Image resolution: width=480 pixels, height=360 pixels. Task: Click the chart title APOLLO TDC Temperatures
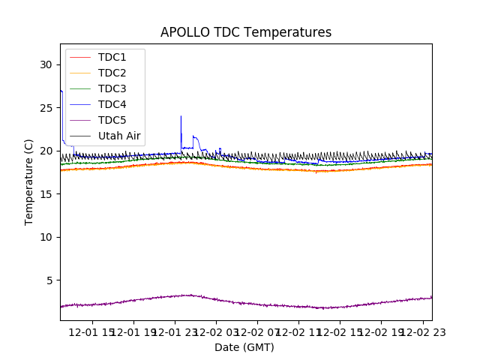(246, 32)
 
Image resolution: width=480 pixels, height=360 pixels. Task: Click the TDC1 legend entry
(112, 57)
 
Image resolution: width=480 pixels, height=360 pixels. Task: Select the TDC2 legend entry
(112, 73)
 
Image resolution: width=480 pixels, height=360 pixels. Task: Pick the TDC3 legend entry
(112, 88)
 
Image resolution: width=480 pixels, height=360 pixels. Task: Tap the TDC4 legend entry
(112, 104)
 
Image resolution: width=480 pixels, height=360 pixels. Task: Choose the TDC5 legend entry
(112, 120)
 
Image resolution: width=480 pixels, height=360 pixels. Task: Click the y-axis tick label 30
(46, 64)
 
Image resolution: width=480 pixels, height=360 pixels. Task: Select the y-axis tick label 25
(46, 108)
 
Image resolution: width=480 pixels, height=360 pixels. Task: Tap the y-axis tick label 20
(46, 151)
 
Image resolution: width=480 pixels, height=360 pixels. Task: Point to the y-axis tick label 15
(46, 194)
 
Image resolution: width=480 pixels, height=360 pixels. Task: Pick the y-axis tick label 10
(46, 237)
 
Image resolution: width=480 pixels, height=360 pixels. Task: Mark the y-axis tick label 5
(49, 280)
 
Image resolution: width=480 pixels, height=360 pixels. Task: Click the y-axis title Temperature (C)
(29, 181)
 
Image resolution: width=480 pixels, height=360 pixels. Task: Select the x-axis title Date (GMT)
(244, 347)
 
